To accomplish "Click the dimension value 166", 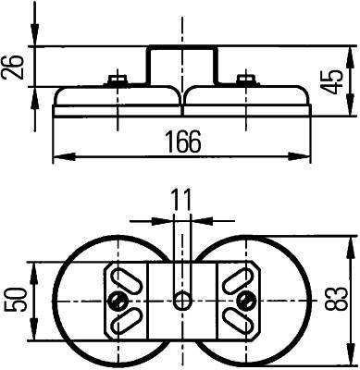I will [182, 141].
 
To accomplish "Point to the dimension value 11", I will [181, 199].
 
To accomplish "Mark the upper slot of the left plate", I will [123, 277].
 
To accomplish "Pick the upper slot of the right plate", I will [241, 277].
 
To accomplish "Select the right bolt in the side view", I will [244, 80].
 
